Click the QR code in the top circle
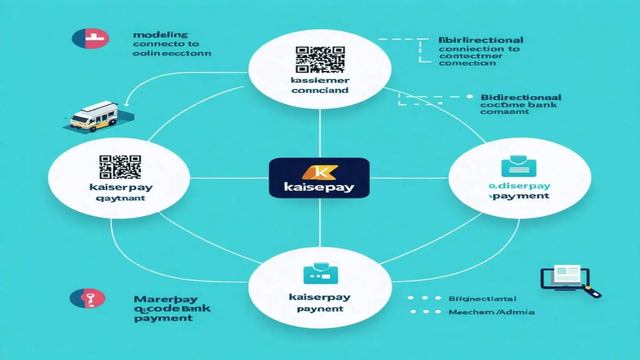(320, 59)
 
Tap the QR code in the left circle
(120, 167)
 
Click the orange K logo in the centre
(320, 172)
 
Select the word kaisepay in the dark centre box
(319, 187)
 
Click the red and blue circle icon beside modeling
(90, 39)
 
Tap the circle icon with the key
(88, 298)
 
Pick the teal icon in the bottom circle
(320, 274)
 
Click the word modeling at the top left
(160, 35)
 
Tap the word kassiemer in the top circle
(320, 80)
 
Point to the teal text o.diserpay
(519, 186)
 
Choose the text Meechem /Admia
(491, 312)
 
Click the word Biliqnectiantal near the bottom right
(482, 299)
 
